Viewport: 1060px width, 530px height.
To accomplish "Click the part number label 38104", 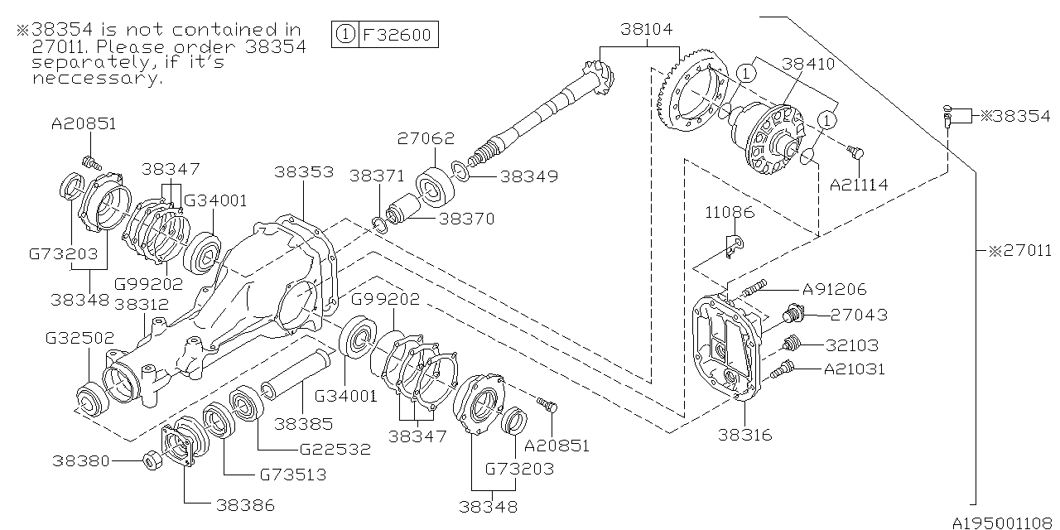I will pos(647,30).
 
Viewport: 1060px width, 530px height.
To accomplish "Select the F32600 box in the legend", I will pos(397,35).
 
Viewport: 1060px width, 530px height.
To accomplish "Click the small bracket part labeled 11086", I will pos(732,245).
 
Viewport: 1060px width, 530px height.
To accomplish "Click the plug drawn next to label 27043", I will pos(794,315).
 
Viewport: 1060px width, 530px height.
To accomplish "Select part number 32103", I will pos(850,345).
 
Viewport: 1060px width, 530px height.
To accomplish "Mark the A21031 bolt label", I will pos(853,369).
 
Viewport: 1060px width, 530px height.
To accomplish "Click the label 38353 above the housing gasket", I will pos(306,172).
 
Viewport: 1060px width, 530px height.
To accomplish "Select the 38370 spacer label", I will pos(466,219).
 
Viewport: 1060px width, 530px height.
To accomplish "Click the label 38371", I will pos(377,176).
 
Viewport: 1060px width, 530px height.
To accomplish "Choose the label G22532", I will pos(335,450).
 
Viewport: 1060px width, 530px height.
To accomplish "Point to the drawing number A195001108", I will pos(1002,523).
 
